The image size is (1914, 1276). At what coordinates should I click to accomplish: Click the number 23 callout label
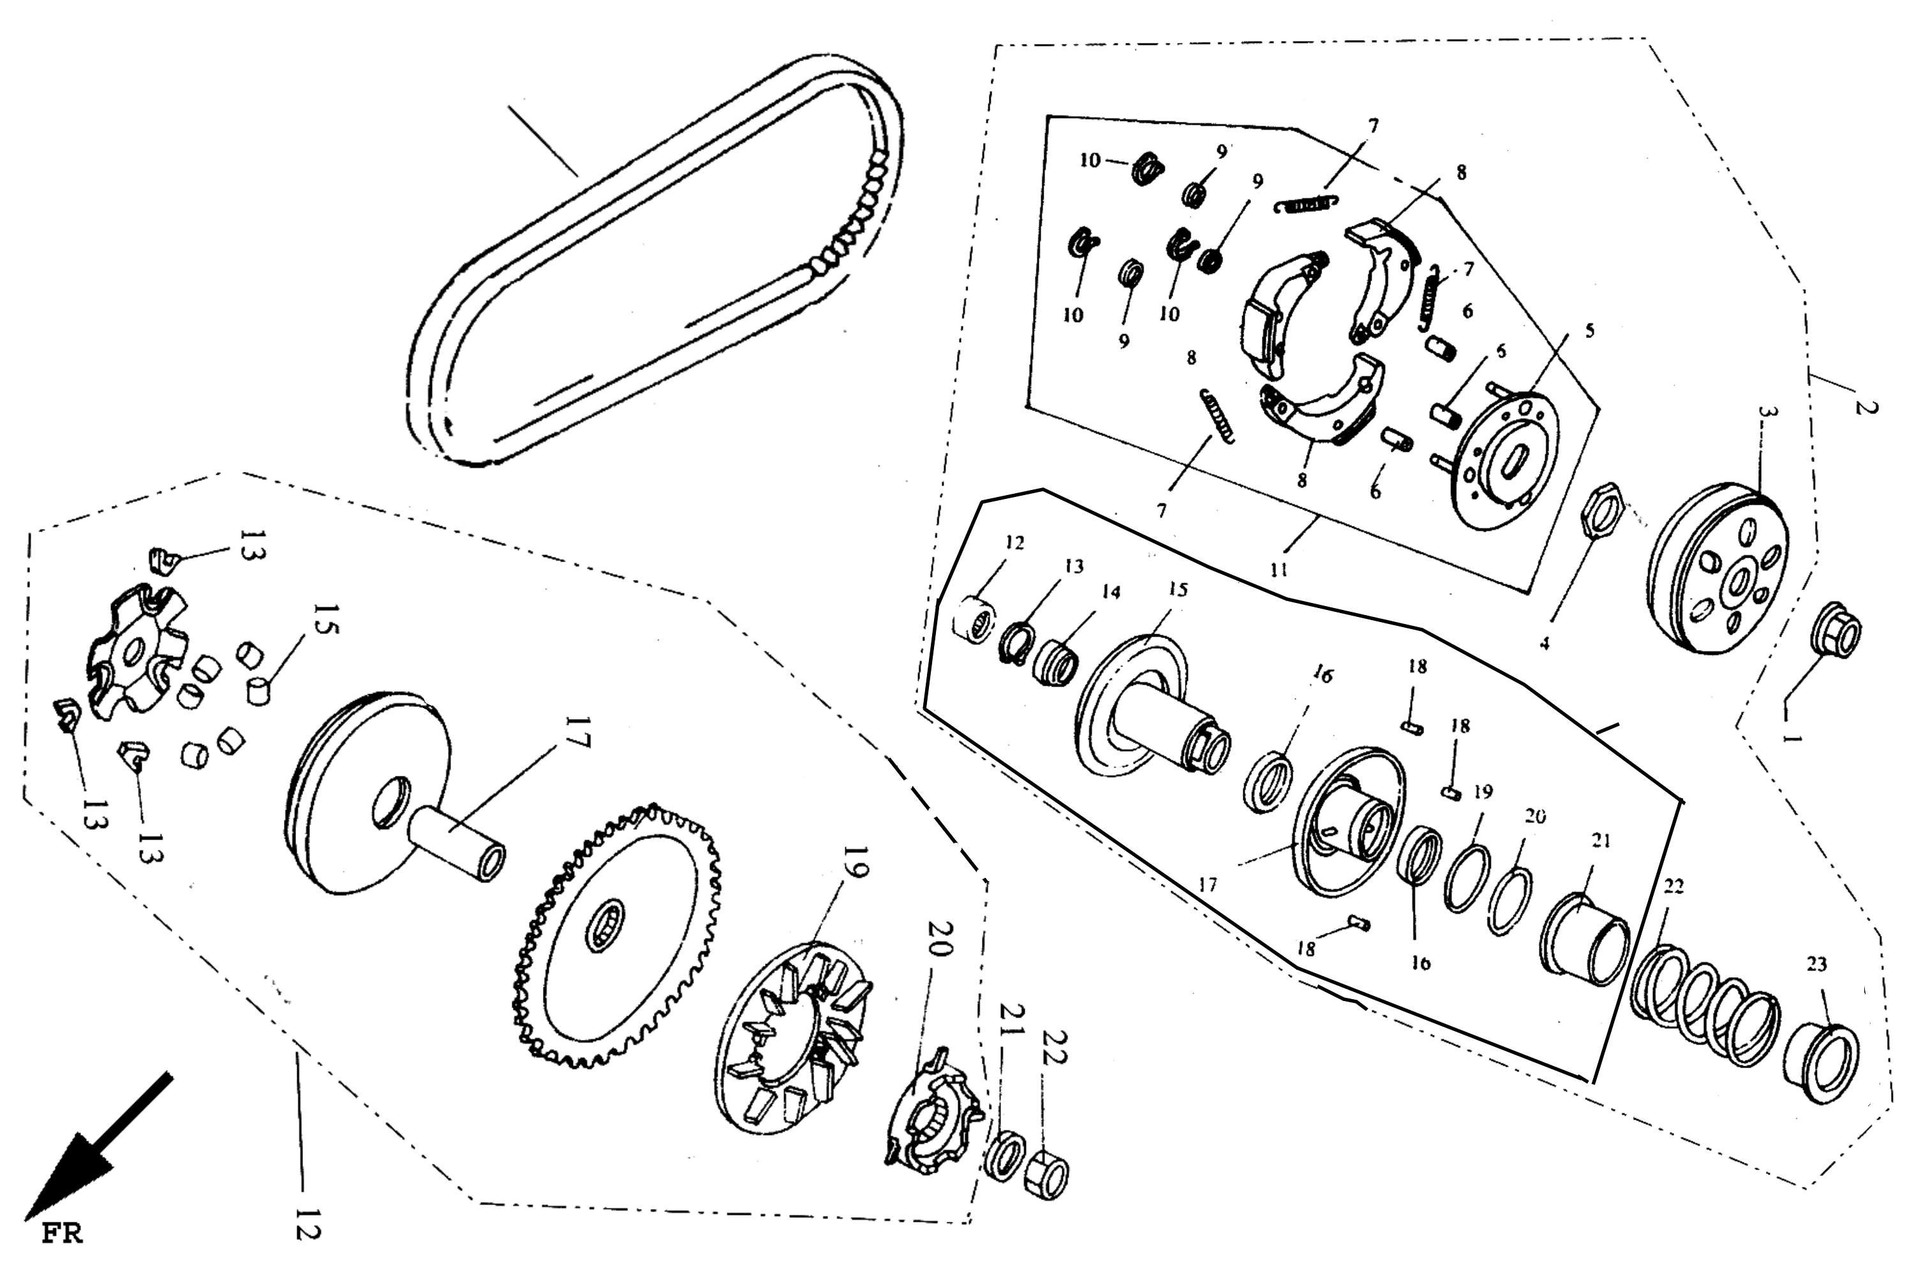[x=1817, y=964]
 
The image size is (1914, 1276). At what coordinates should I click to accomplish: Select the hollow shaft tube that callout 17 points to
[x=455, y=850]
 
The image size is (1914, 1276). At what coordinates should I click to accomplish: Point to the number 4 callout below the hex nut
[x=1544, y=643]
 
